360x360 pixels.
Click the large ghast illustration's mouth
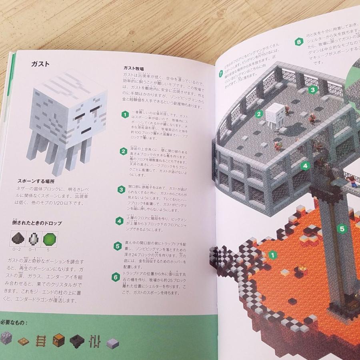pyautogui.click(x=85, y=131)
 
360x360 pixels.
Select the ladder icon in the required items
pyautogui.click(x=41, y=340)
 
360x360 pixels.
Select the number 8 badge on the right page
pyautogui.click(x=298, y=41)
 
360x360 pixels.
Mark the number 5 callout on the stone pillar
pyautogui.click(x=342, y=229)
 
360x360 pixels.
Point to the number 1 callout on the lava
pyautogui.click(x=272, y=254)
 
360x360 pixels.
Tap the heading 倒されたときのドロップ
pyautogui.click(x=37, y=223)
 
